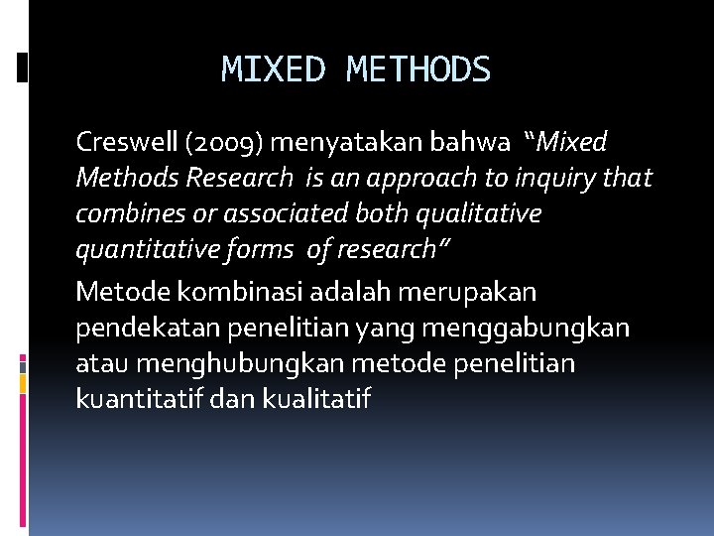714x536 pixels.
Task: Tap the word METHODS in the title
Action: click(418, 69)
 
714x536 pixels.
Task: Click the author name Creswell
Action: click(126, 143)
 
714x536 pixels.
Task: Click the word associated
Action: click(265, 214)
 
